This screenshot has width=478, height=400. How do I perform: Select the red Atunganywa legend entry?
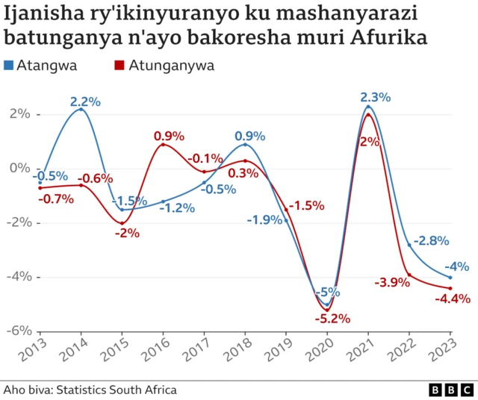[164, 66]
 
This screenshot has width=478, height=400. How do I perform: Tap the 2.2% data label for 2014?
[85, 101]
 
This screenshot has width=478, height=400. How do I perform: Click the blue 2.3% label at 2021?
[375, 98]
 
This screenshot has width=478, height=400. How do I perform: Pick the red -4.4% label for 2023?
[453, 299]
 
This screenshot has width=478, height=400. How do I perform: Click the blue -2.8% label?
[431, 240]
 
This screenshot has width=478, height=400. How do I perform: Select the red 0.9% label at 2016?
[170, 136]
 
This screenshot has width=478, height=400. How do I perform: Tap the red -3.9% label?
[392, 282]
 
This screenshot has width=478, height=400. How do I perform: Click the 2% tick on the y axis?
[19, 114]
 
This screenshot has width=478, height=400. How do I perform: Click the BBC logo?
[450, 390]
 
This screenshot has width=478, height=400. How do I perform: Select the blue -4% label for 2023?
[457, 266]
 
